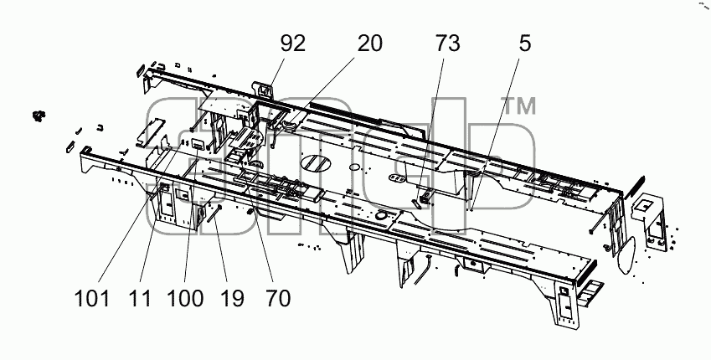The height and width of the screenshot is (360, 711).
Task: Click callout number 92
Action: pyautogui.click(x=292, y=44)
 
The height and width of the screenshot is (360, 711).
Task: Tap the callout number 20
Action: pyautogui.click(x=370, y=44)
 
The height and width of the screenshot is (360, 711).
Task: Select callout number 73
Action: pyautogui.click(x=447, y=44)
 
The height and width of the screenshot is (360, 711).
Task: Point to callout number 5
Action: pyautogui.click(x=524, y=44)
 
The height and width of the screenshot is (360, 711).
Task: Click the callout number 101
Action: pyautogui.click(x=92, y=299)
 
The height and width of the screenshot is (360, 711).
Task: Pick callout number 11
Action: pyautogui.click(x=140, y=299)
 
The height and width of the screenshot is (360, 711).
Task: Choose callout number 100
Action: pyautogui.click(x=185, y=299)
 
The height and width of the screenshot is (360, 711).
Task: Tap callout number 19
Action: pyautogui.click(x=233, y=299)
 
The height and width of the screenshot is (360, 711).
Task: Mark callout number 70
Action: pyautogui.click(x=278, y=299)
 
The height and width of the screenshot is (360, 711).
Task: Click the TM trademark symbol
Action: pyautogui.click(x=520, y=106)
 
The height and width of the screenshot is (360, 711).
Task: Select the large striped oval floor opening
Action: pyautogui.click(x=316, y=164)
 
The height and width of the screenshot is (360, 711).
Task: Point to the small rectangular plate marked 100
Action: pyautogui.click(x=198, y=145)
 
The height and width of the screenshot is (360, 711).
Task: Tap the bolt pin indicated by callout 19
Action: pyautogui.click(x=214, y=213)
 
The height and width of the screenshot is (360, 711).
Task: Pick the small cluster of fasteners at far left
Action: pyautogui.click(x=39, y=116)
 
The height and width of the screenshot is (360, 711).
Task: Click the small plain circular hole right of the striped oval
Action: pyautogui.click(x=355, y=167)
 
